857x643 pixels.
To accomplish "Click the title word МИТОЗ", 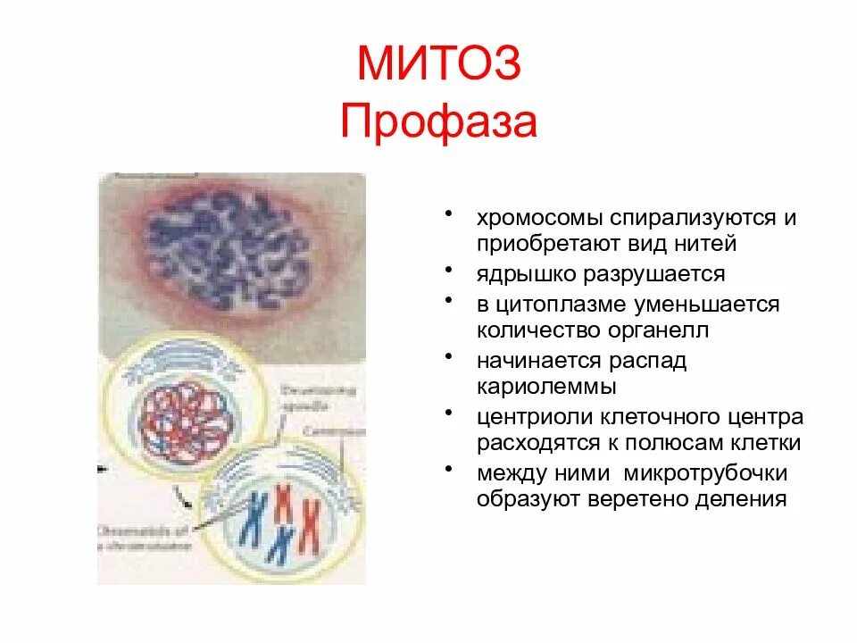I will [437, 66].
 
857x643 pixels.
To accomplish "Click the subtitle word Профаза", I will [438, 122].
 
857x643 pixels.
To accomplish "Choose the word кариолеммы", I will [545, 387].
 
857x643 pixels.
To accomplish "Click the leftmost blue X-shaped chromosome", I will [253, 518].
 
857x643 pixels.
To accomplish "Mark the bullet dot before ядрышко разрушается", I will [455, 269].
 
